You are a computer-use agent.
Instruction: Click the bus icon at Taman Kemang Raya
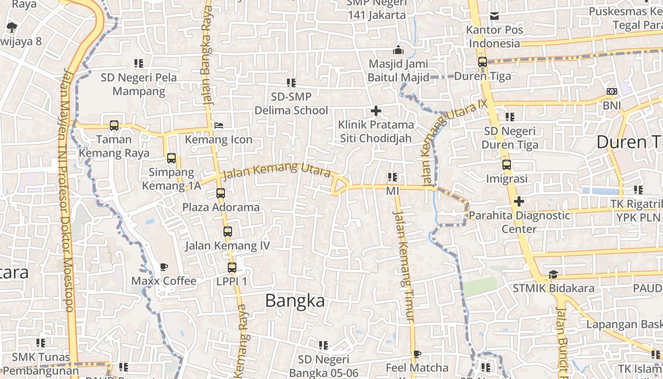[114, 126]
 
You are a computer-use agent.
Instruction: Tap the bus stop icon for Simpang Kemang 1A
[171, 158]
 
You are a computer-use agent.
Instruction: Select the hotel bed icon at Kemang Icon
[219, 126]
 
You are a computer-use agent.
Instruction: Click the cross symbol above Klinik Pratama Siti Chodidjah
[376, 111]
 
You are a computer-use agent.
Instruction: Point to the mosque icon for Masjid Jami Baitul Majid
[398, 50]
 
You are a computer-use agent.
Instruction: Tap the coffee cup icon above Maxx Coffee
[164, 267]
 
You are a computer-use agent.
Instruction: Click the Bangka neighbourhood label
[295, 301]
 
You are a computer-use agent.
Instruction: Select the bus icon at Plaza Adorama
[221, 193]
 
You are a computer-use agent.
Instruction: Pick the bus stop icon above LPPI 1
[232, 267]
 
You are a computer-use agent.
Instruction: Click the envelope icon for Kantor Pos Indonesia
[494, 16]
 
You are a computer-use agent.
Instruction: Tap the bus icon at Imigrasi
[507, 165]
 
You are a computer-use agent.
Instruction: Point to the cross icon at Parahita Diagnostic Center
[519, 201]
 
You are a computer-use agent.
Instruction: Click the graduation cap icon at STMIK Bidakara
[553, 275]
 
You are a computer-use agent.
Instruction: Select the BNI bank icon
[612, 91]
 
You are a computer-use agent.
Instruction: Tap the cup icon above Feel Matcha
[417, 354]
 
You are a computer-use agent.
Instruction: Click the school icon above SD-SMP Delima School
[291, 83]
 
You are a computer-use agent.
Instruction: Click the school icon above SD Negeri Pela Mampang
[139, 63]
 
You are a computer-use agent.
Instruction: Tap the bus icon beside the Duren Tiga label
[483, 62]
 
